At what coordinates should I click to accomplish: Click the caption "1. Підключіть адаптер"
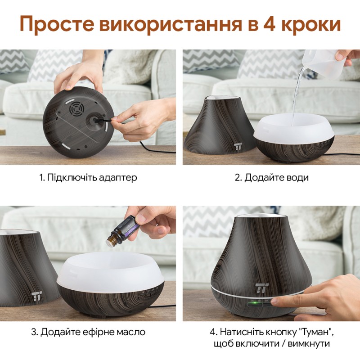pyautogui.click(x=88, y=177)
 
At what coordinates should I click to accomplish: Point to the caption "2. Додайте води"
pyautogui.click(x=272, y=177)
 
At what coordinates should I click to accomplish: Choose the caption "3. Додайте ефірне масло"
pyautogui.click(x=88, y=333)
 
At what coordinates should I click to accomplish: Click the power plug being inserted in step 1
pyautogui.click(x=103, y=120)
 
